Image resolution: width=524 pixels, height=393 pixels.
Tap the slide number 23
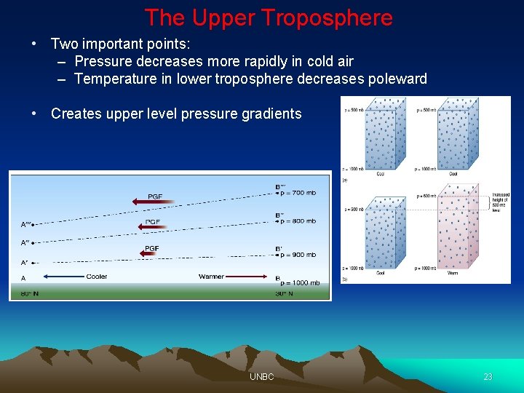(x=488, y=376)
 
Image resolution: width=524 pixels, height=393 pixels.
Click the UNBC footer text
(x=261, y=376)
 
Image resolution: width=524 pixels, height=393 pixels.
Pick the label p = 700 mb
(x=298, y=193)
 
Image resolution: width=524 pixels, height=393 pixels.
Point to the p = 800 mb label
(x=298, y=221)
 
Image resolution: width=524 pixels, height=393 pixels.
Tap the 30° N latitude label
(x=284, y=294)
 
